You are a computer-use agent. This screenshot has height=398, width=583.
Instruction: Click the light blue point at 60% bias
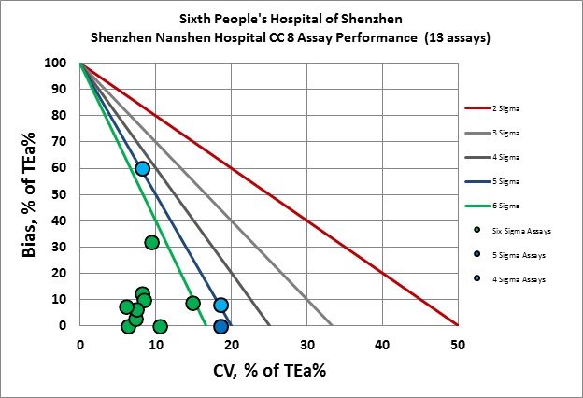pos(142,168)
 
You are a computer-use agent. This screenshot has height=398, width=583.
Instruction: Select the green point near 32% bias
pos(151,243)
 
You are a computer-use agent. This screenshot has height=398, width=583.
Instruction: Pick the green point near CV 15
pos(192,303)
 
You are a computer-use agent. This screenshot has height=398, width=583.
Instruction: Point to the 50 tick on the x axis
pos(457,343)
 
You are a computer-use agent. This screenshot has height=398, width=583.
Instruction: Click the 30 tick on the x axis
pos(306,343)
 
